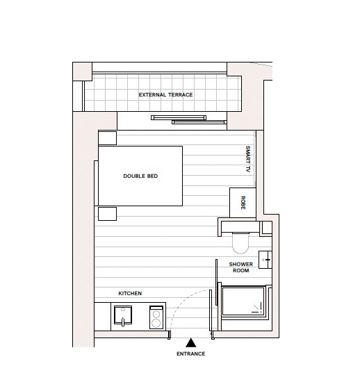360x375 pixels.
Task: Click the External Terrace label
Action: point(165,94)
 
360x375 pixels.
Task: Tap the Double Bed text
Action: point(140,176)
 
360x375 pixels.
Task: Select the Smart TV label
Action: point(247,159)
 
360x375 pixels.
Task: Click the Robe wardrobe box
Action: point(243,202)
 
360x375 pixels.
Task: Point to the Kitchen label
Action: point(130,294)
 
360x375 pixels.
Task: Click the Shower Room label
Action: point(240,267)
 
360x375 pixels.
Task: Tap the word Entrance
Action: point(191,354)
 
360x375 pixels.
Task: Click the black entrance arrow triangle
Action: point(191,342)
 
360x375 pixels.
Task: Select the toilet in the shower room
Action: point(240,241)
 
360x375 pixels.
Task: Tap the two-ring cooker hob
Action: point(156,319)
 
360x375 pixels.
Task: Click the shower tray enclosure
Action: point(244,301)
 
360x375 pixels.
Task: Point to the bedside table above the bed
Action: point(107,137)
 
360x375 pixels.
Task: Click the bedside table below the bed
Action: point(106,213)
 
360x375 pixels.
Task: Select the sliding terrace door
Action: point(189,119)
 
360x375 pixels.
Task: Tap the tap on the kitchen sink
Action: point(123,322)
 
